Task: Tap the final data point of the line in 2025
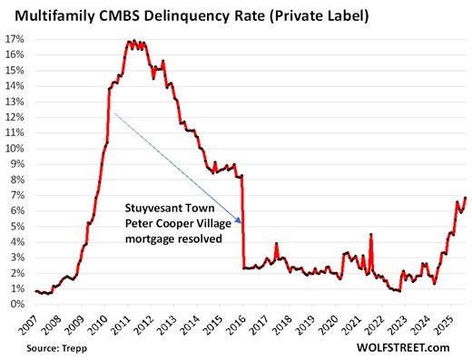(x=466, y=198)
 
